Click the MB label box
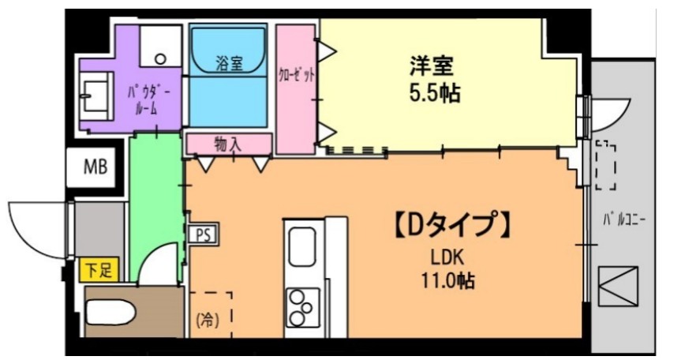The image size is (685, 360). (95, 167)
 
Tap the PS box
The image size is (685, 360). (201, 234)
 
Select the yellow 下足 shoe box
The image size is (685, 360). (98, 270)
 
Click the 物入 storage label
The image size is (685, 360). (228, 144)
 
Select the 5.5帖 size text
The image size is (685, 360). (434, 94)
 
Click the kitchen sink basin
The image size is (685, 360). (302, 247)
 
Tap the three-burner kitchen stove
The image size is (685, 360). (302, 307)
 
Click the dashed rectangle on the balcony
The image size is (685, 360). (606, 165)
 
